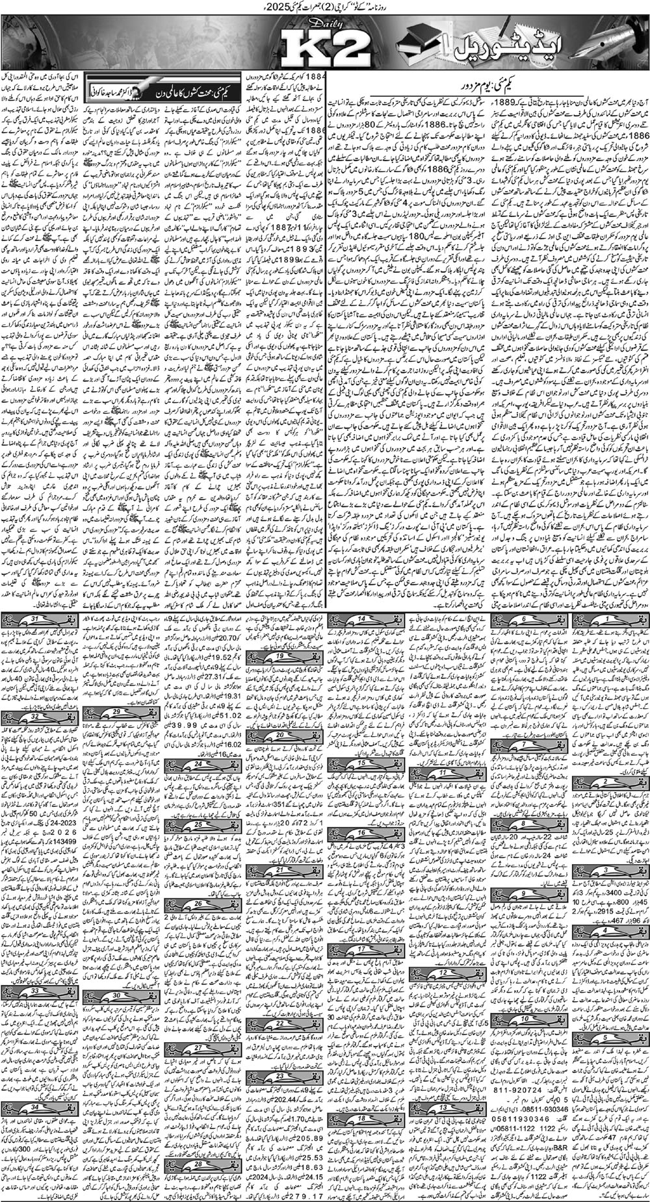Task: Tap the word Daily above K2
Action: [x=300, y=29]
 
